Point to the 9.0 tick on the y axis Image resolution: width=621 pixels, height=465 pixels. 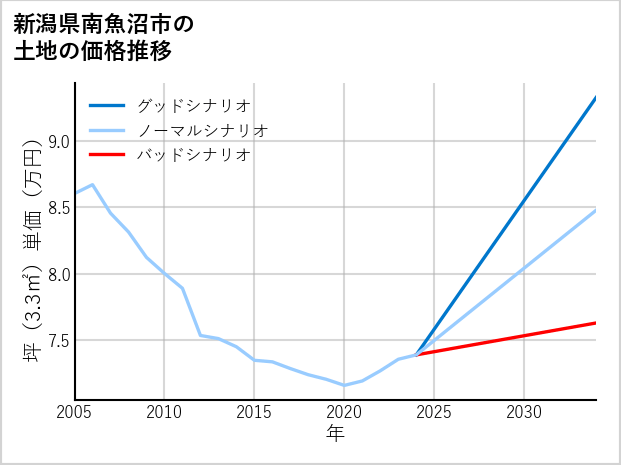tap(58, 141)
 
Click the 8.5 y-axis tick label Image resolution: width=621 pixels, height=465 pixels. tap(58, 208)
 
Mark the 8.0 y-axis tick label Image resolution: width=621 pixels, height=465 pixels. tap(58, 274)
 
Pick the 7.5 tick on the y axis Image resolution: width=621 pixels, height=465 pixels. tap(58, 341)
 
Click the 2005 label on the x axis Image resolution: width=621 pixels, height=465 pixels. tap(74, 412)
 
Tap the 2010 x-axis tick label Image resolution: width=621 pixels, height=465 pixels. tap(164, 412)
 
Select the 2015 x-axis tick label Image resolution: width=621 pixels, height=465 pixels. tap(254, 412)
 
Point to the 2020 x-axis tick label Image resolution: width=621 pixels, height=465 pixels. tap(344, 412)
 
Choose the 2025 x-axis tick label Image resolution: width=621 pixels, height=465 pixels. tap(434, 412)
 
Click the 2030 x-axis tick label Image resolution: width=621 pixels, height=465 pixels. tap(524, 412)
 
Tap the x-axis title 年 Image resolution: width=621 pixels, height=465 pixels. tap(335, 433)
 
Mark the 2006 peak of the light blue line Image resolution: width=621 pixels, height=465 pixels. tap(92, 185)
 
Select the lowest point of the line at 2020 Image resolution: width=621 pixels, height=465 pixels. tap(344, 385)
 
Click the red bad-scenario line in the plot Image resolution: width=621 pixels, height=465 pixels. tap(520, 337)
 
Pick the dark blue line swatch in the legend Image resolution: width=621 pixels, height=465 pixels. tap(107, 105)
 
